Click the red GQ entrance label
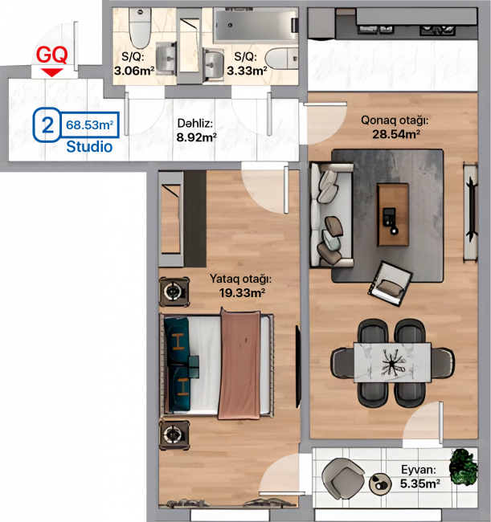[51, 55]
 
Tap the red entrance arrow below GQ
[52, 72]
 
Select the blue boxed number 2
[47, 125]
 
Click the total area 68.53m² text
[90, 124]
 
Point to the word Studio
[89, 147]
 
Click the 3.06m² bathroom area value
[134, 71]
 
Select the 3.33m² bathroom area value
[247, 71]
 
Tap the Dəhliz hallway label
[194, 124]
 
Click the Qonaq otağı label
[395, 120]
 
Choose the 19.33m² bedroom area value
[242, 293]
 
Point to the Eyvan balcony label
[419, 470]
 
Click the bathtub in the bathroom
[256, 26]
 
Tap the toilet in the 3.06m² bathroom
[140, 28]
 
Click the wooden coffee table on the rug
[393, 214]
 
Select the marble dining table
[392, 362]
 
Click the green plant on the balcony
[463, 467]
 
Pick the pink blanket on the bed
[239, 364]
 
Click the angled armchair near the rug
[391, 283]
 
